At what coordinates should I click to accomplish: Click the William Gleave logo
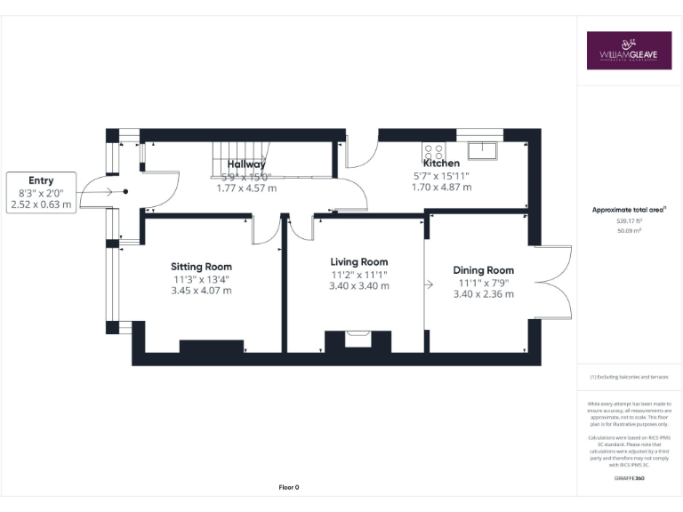pyautogui.click(x=629, y=51)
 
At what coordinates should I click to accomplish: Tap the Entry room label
pyautogui.click(x=41, y=180)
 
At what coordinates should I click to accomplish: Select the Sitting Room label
pyautogui.click(x=201, y=267)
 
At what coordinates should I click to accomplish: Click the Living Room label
pyautogui.click(x=359, y=262)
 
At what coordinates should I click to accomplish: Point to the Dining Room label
pyautogui.click(x=483, y=270)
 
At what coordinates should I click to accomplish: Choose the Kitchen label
pyautogui.click(x=441, y=164)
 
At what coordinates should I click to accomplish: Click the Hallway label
pyautogui.click(x=246, y=164)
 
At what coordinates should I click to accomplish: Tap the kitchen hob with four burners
pyautogui.click(x=434, y=149)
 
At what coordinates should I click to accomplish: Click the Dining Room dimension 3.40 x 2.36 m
pyautogui.click(x=483, y=294)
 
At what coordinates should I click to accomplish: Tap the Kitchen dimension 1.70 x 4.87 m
pyautogui.click(x=441, y=188)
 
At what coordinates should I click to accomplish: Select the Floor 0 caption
pyautogui.click(x=289, y=487)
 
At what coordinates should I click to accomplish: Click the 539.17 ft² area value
pyautogui.click(x=629, y=220)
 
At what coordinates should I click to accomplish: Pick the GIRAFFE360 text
pyautogui.click(x=629, y=479)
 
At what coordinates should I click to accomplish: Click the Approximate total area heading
pyautogui.click(x=629, y=210)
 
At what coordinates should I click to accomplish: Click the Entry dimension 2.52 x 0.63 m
pyautogui.click(x=41, y=204)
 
